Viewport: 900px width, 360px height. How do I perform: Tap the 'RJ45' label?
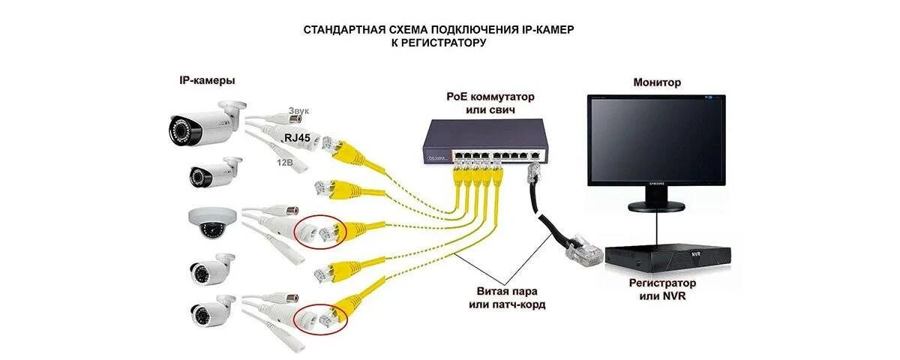pos(298,137)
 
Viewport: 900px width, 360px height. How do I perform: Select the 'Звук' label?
pos(298,111)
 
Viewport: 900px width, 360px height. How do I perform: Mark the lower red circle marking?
pos(321,319)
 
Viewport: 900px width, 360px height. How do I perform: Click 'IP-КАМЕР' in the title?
pos(551,29)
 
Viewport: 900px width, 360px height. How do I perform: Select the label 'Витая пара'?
pos(502,291)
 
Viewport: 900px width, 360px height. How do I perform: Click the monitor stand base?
pos(656,206)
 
